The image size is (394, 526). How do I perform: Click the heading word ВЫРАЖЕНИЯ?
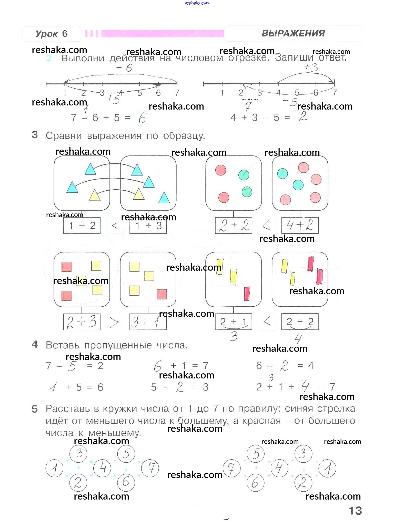coord(293,33)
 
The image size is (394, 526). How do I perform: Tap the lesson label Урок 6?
coord(52,34)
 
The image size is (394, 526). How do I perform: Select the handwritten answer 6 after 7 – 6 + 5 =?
coord(142,118)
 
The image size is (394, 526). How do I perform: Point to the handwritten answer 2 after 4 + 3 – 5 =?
coord(303,117)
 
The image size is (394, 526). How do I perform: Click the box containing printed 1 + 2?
coord(82,226)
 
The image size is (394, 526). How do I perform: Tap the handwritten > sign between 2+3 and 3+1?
coord(114,322)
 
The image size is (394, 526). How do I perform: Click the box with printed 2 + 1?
coord(233,322)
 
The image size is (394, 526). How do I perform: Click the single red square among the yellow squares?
coord(162,294)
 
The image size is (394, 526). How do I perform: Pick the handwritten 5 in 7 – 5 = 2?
coord(72,366)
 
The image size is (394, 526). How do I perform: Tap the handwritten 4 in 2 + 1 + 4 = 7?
coord(305,386)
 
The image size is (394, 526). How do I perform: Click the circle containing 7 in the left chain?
coord(150,468)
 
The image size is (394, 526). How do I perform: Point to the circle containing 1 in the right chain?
coord(327,468)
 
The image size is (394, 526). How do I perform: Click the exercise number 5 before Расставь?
coord(35,409)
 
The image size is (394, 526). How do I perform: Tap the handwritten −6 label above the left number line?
coord(124,68)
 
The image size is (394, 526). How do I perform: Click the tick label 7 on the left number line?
coord(177,93)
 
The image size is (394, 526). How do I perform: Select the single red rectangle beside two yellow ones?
coord(247,294)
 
